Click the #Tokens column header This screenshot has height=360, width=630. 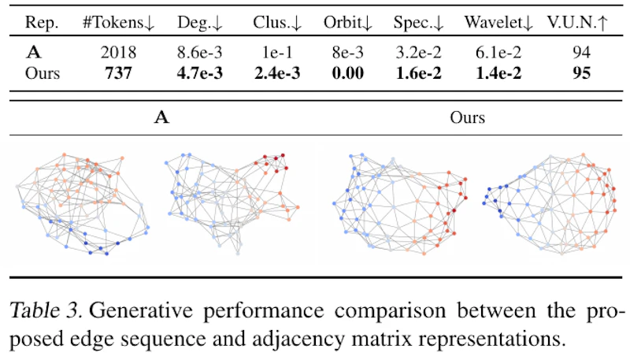119,23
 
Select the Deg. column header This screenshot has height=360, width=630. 200,23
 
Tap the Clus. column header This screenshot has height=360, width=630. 277,23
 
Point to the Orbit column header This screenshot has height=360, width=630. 348,23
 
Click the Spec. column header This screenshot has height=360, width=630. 419,23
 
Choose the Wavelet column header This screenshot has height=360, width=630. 498,23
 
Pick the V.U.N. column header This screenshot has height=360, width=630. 577,23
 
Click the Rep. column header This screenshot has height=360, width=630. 42,24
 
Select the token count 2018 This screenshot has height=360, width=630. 119,52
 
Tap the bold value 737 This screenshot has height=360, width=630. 119,73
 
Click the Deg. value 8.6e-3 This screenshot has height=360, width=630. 200,52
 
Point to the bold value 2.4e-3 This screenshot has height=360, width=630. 277,73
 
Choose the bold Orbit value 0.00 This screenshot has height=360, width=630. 348,73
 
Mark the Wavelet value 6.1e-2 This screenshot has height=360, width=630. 498,52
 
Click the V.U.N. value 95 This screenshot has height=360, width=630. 581,73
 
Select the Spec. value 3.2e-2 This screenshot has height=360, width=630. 419,52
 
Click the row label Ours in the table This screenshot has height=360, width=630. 43,73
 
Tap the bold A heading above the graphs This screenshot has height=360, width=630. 161,117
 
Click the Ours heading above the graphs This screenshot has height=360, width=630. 467,117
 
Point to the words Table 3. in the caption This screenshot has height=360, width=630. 46,310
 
